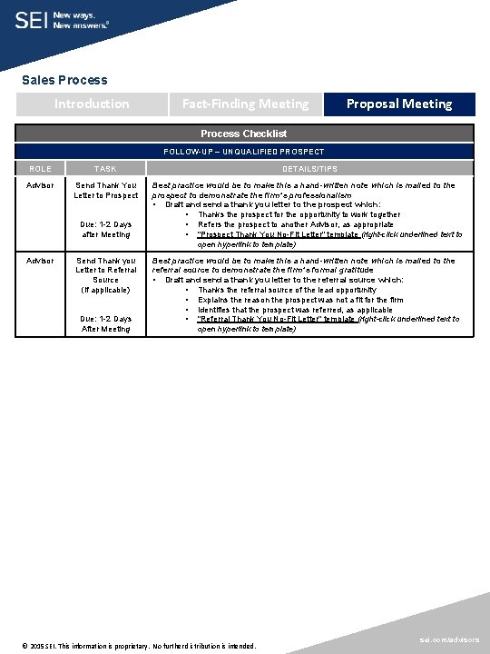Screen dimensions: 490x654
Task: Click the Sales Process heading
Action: (x=64, y=80)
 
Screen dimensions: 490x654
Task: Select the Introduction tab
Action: (x=92, y=104)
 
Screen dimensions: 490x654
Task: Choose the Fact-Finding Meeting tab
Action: (x=245, y=104)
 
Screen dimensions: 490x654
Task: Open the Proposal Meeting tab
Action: (x=399, y=104)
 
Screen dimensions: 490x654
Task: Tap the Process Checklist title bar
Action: (x=244, y=134)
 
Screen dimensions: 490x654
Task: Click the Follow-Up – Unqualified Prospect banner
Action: (x=244, y=151)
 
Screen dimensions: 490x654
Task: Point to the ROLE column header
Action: (x=40, y=169)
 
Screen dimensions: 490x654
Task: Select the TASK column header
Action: (x=105, y=169)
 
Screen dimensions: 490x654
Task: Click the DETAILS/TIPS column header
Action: (x=309, y=169)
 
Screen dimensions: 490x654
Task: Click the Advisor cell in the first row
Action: (x=40, y=185)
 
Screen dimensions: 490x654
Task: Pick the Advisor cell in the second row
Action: (x=40, y=261)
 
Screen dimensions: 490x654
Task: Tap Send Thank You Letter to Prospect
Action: (x=106, y=190)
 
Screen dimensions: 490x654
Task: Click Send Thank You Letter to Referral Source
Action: (x=106, y=270)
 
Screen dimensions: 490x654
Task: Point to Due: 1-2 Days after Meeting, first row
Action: (x=106, y=229)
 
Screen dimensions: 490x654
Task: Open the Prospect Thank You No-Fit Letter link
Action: (x=276, y=234)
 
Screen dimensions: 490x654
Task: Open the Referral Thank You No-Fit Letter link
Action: (x=276, y=319)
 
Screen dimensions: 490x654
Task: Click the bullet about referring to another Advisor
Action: (x=296, y=224)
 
